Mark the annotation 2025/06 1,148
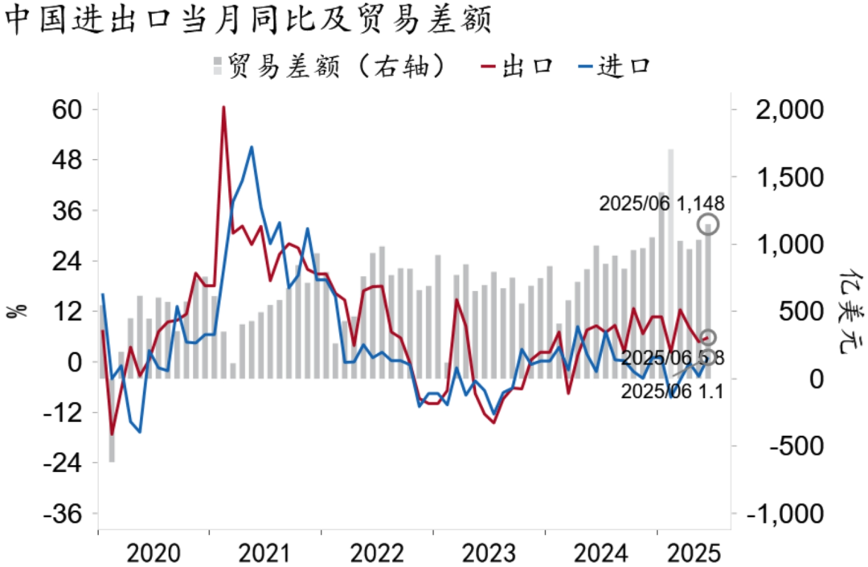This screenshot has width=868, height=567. (656, 204)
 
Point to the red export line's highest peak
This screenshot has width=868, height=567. (223, 107)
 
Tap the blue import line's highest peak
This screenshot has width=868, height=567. (252, 147)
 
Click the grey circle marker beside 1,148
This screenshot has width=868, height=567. (708, 224)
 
